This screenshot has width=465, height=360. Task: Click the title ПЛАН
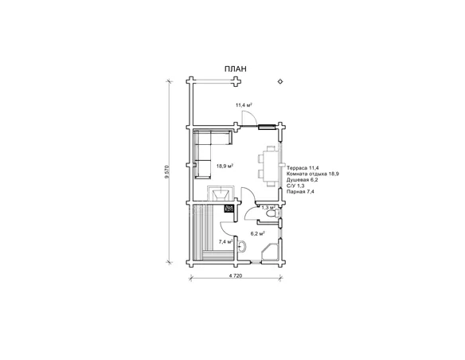pos(235,68)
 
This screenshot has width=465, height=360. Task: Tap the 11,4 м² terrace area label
pos(244,104)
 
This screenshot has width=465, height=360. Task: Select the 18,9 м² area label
pos(225,166)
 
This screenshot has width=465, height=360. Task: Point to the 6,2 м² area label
pos(257,233)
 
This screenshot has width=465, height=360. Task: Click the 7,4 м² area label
pos(225,241)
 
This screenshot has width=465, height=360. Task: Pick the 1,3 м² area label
pos(268,208)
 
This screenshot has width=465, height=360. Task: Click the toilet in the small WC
pos(272,213)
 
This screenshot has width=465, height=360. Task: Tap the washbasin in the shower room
pos(242,246)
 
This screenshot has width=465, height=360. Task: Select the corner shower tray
pos(270,252)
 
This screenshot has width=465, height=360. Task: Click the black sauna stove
pos(229,209)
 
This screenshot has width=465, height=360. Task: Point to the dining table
pos(271,166)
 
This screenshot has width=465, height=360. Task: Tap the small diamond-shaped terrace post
pos(280,81)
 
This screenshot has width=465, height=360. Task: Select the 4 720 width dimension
pos(236,276)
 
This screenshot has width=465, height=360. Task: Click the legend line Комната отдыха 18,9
pos(313,174)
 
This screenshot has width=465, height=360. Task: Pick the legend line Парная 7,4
pos(300,192)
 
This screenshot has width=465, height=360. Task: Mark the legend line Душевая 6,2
pos(303,180)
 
